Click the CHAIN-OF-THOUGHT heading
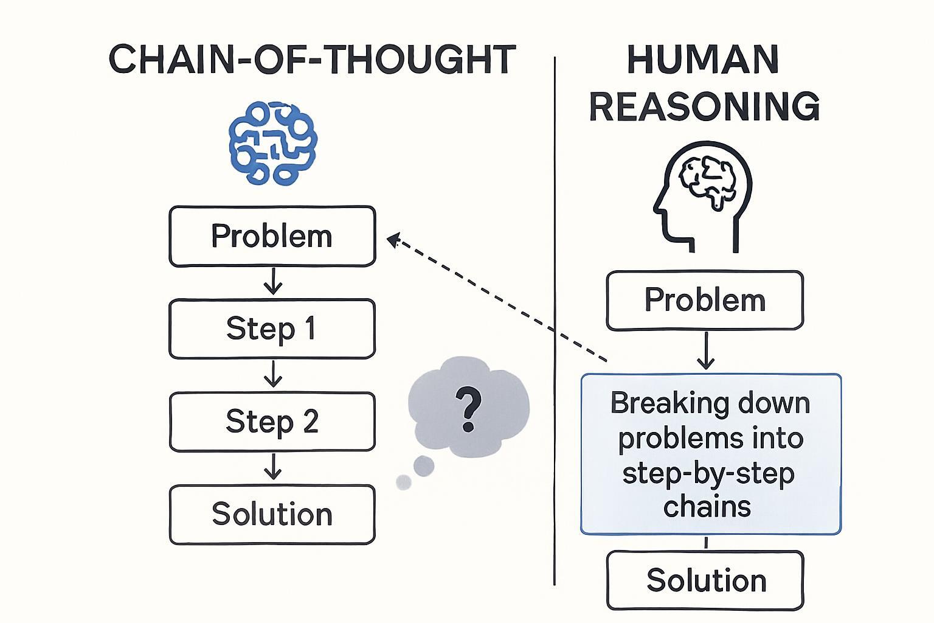tap(313, 59)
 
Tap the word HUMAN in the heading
tap(704, 60)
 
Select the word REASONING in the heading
tap(705, 106)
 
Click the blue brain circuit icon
tap(273, 143)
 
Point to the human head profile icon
tap(702, 197)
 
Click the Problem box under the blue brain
tap(272, 236)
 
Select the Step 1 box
tap(272, 329)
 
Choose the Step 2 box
tap(272, 422)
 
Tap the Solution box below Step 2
tap(272, 514)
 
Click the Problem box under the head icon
tap(705, 301)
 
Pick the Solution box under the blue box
tap(705, 580)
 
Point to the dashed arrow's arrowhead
tap(393, 240)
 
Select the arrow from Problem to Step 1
tap(272, 281)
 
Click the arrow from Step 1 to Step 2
tap(272, 374)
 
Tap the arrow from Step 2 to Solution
tap(272, 467)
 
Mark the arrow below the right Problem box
tap(705, 350)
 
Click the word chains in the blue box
tap(707, 507)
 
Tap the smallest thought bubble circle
tap(403, 482)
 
